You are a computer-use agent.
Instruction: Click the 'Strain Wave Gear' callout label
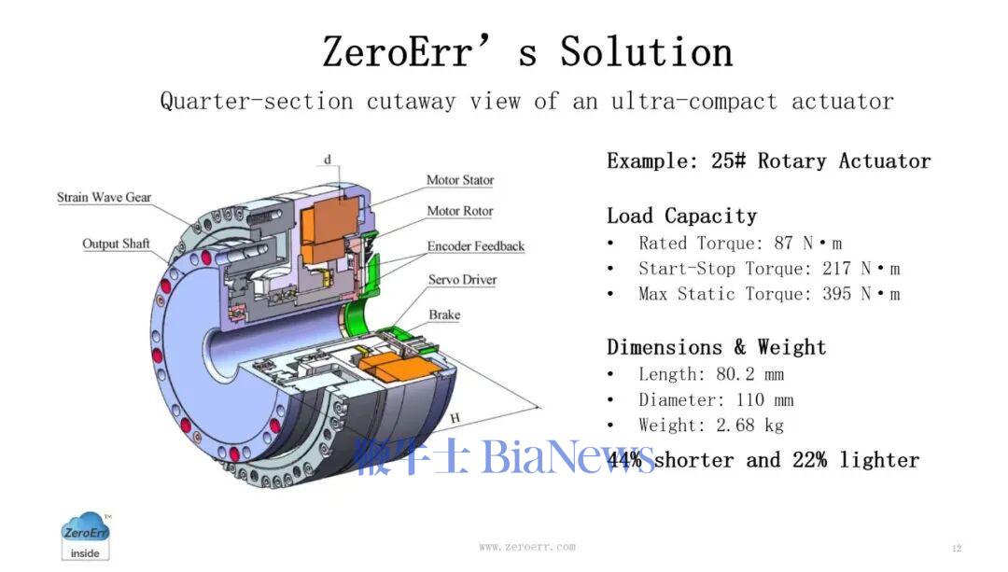pos(105,197)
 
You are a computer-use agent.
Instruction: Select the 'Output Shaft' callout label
pos(116,244)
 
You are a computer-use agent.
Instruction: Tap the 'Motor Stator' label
pos(460,180)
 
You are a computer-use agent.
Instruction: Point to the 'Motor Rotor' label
pos(459,211)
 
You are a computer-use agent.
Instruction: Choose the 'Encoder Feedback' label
pos(476,246)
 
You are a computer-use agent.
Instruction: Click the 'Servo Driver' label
pos(462,280)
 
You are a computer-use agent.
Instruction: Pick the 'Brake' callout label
pos(444,314)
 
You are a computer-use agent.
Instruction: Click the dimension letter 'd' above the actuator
pos(328,160)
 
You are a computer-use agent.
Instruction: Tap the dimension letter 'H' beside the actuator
pos(455,418)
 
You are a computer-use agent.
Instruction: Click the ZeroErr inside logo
pos(86,537)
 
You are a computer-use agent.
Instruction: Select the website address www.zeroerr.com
pos(527,547)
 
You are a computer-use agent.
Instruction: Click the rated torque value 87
pos(783,243)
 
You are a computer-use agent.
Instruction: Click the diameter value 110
pos(749,399)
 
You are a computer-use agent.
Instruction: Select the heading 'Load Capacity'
pos(682,216)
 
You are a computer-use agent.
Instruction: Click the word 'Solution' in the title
pos(646,51)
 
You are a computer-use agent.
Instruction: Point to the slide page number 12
pos(957,549)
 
